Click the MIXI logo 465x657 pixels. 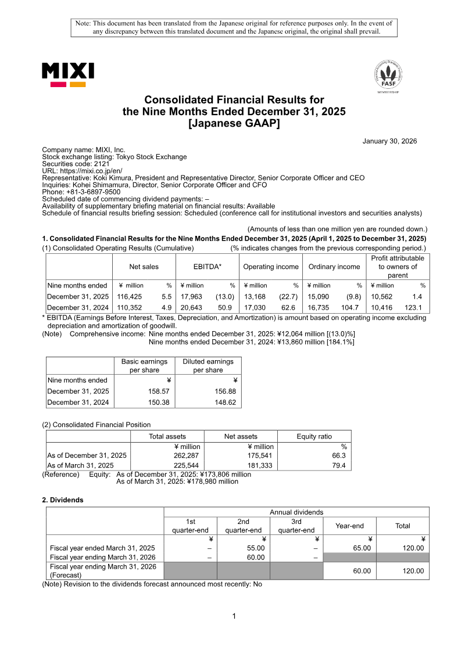[67, 74]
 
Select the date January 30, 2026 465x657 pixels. [389, 141]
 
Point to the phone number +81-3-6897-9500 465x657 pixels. [92, 192]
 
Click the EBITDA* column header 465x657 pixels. [208, 267]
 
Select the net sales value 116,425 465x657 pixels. [130, 296]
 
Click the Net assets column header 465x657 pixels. [241, 436]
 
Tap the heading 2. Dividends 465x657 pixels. [63, 500]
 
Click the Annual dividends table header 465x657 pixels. [296, 512]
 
